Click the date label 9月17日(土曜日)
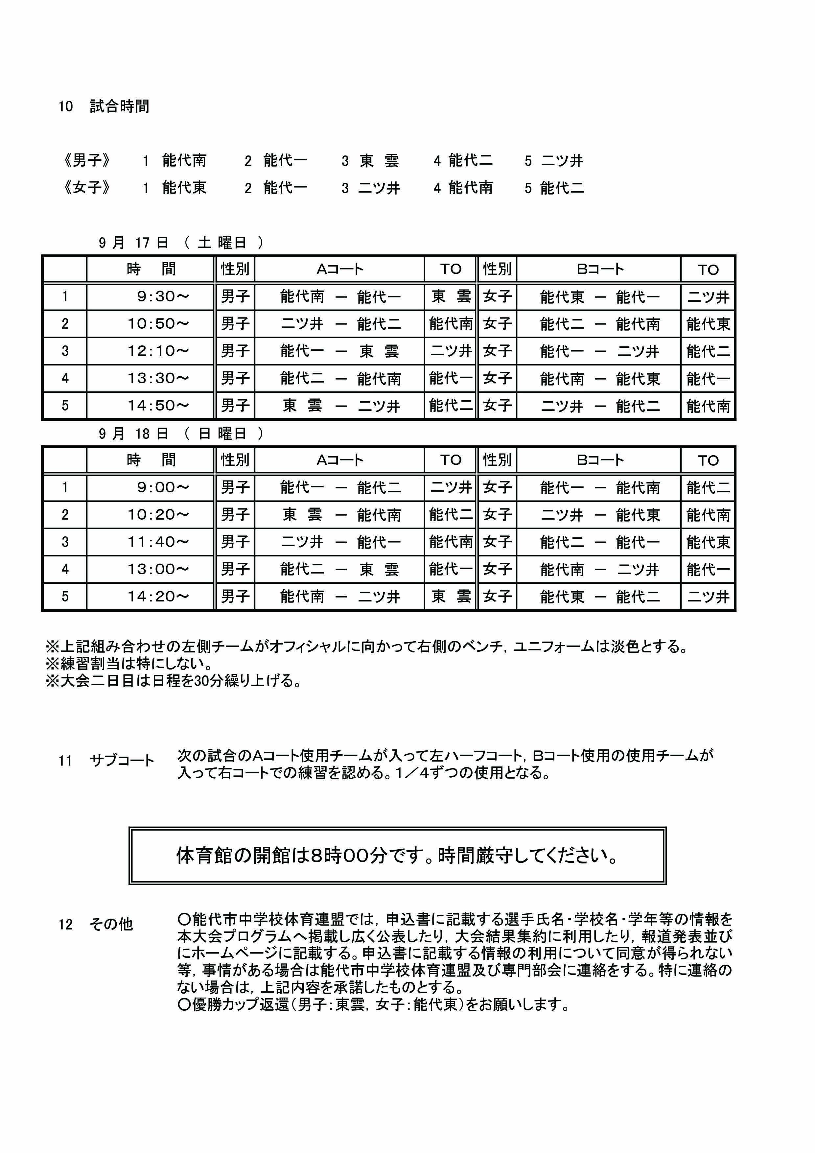pyautogui.click(x=181, y=243)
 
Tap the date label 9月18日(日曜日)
pyautogui.click(x=181, y=434)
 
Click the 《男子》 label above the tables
pyautogui.click(x=86, y=161)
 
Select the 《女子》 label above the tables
pyautogui.click(x=86, y=188)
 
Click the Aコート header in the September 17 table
pyautogui.click(x=339, y=270)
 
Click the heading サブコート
pyautogui.click(x=122, y=761)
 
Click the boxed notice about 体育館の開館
pyautogui.click(x=397, y=855)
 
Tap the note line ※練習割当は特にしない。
pyautogui.click(x=128, y=664)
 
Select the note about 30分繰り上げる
pyautogui.click(x=174, y=681)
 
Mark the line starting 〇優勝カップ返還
pyautogui.click(x=374, y=1005)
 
